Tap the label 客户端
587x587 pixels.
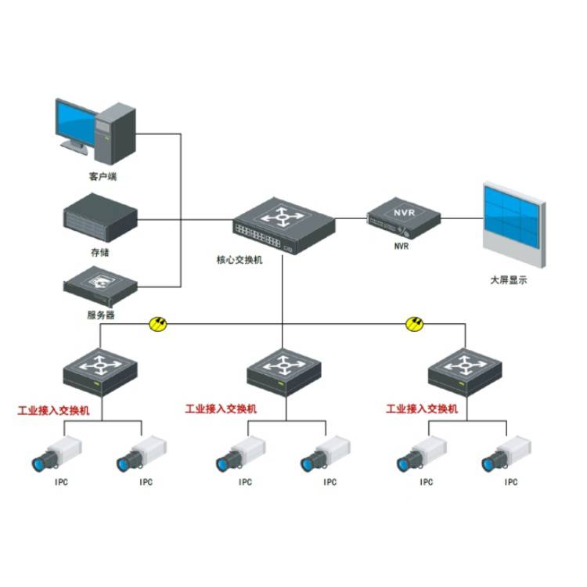tap(103, 177)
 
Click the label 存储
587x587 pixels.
tap(99, 252)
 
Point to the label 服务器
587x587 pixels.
tap(100, 315)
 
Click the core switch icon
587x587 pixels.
tap(283, 221)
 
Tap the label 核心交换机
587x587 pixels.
tap(239, 260)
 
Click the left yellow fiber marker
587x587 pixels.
tap(159, 322)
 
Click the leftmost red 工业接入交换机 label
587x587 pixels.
tap(54, 409)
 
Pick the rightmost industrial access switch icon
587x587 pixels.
tap(465, 370)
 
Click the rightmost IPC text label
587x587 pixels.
tap(510, 482)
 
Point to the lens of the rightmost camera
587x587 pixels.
tap(489, 463)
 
